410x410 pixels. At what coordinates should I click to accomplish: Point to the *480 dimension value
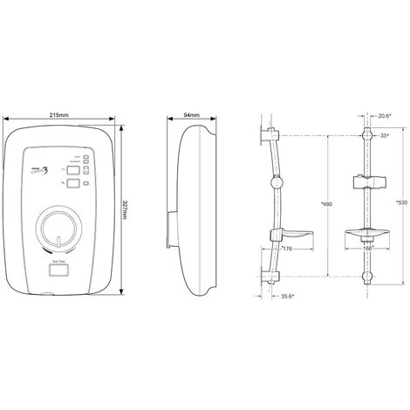(326, 204)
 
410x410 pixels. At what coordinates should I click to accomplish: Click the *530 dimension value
(400, 202)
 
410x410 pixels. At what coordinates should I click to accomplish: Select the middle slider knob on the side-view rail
(277, 182)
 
